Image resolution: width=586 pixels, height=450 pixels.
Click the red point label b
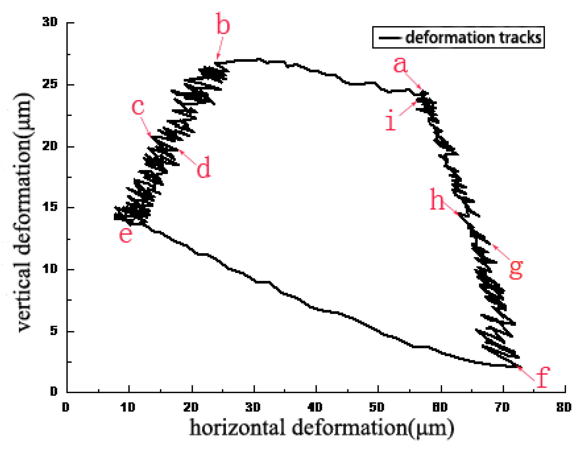223,24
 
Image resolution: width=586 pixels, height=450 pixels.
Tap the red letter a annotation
400,64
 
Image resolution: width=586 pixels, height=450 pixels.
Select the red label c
138,107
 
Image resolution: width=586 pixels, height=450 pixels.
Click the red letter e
126,234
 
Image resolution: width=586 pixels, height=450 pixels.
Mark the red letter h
437,199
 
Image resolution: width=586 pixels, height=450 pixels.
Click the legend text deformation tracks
473,38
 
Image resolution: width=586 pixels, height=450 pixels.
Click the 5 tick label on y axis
54,331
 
